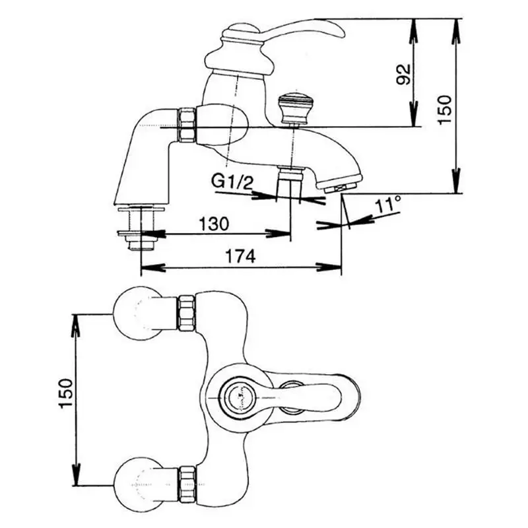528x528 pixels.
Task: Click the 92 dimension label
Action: [x=405, y=73]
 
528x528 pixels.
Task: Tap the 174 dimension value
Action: [x=241, y=257]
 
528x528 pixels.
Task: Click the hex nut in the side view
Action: [x=187, y=123]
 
